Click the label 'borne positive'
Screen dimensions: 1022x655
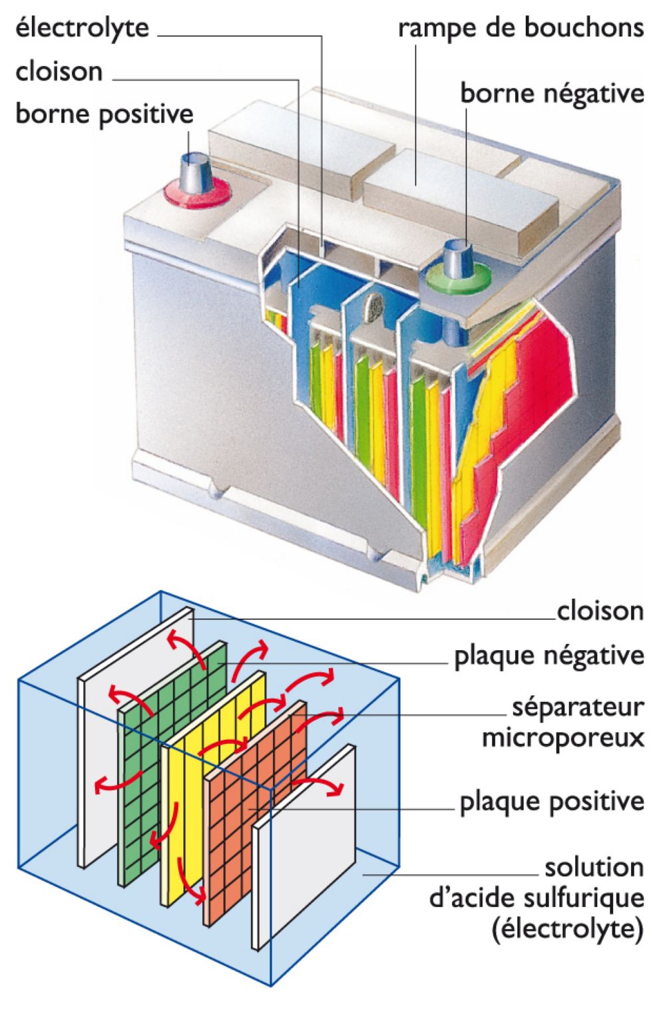pos(104,114)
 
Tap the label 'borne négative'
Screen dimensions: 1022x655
pos(552,93)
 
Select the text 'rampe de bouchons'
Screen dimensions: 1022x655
pos(521,28)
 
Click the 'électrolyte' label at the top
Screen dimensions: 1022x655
pos(82,28)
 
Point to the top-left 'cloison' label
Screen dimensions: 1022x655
pos(59,71)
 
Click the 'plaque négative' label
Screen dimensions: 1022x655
pos(548,656)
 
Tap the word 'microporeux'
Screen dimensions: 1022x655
pos(562,737)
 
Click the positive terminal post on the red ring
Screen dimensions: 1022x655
pos(196,170)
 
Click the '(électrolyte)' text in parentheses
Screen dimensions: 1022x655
pos(568,928)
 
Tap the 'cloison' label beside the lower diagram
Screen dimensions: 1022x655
pos(600,611)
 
